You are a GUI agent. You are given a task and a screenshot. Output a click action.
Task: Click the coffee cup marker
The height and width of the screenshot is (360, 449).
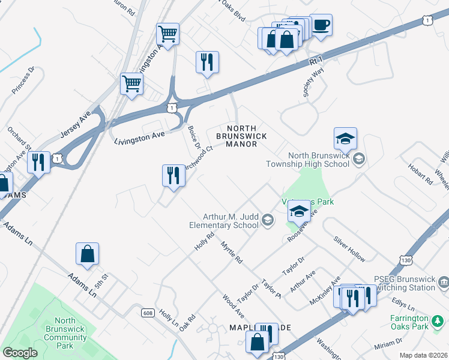point(321,25)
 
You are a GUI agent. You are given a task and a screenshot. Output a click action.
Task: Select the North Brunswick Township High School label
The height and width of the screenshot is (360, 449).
point(318,159)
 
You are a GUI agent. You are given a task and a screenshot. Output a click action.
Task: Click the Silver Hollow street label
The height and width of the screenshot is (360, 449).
point(349,248)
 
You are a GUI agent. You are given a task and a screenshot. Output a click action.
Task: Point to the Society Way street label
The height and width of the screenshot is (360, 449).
point(313,82)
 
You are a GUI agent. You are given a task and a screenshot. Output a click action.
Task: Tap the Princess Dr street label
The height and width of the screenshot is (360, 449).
point(24,80)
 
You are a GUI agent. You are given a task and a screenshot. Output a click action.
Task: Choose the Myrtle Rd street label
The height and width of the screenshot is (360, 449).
point(231,253)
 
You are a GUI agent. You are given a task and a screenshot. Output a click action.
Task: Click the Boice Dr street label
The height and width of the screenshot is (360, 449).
point(193,136)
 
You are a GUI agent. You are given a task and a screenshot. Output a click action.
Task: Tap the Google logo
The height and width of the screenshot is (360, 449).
point(20,353)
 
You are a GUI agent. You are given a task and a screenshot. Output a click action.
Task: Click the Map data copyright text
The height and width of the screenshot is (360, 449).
point(423,355)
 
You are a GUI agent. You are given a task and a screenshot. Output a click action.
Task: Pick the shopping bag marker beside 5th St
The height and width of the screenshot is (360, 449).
point(88,254)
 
